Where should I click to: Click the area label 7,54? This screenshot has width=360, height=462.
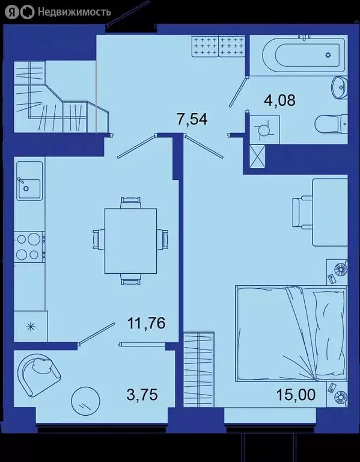[192, 119]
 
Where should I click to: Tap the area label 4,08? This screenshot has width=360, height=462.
[280, 100]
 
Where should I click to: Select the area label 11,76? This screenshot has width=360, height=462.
[146, 324]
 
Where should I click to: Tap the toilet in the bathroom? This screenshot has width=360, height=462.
[331, 125]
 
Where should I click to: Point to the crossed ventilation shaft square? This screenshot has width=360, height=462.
[258, 157]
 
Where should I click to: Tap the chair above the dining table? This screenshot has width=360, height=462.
[130, 202]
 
